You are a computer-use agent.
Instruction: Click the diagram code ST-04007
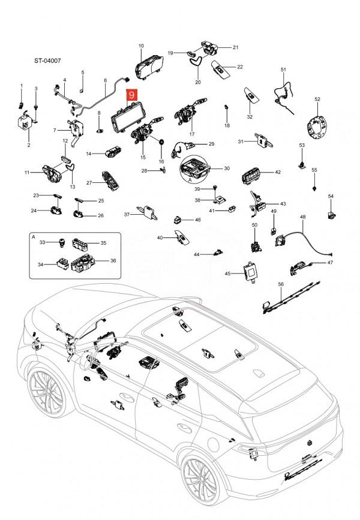(47, 61)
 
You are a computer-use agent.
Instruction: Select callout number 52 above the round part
(317, 99)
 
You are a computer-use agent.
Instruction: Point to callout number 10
(142, 46)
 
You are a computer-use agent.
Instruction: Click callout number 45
(227, 273)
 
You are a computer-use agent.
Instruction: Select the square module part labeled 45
(250, 272)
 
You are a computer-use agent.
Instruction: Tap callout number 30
(227, 169)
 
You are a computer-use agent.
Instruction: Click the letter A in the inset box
(34, 238)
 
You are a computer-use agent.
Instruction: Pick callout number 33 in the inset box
(42, 242)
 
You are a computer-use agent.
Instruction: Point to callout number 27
(88, 182)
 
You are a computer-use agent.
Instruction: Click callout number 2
(28, 145)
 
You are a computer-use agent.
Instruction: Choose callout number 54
(331, 197)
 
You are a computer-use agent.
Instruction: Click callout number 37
(127, 215)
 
